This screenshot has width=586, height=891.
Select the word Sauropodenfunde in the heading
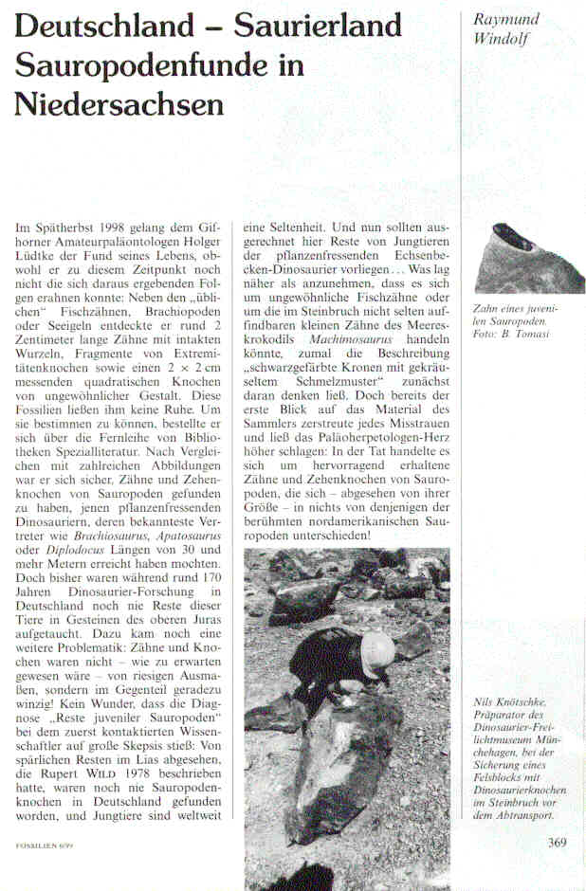coord(143,64)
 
